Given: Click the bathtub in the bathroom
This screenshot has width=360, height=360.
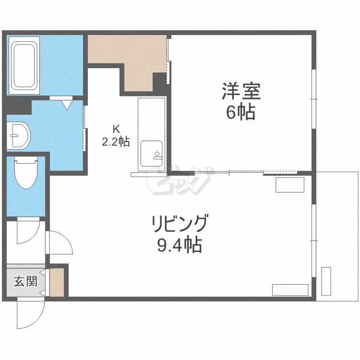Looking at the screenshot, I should click(x=24, y=66).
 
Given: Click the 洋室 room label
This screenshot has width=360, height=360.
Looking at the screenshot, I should click(x=240, y=92).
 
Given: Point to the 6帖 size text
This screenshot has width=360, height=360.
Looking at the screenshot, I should click(x=240, y=113).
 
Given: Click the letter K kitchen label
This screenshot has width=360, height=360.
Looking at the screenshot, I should click(x=115, y=129).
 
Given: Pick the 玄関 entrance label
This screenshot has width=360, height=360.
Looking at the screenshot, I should click(x=25, y=281).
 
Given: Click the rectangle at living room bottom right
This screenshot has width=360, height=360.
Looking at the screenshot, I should click(x=290, y=290).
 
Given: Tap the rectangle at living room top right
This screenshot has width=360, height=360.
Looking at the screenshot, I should click(x=290, y=185).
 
